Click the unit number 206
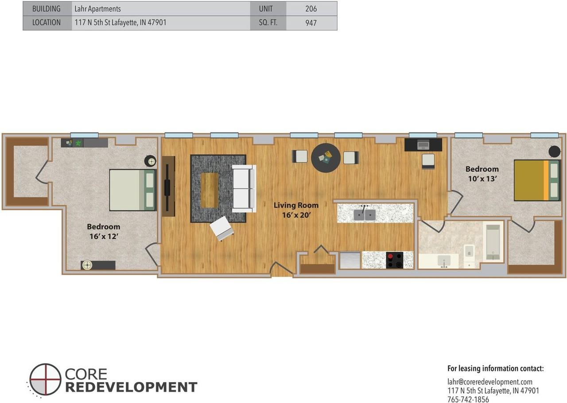311,9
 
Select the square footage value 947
311,23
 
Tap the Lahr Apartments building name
97,9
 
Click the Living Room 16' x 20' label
296,210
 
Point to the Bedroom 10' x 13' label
482,174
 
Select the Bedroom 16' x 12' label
104,231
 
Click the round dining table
326,158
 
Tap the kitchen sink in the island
365,214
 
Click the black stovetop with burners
394,260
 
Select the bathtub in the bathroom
493,242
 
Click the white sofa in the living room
244,188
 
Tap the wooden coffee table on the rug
209,190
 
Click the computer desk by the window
423,145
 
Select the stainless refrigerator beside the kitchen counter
350,260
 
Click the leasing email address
490,381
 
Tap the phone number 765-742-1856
468,399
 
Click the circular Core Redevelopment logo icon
45,379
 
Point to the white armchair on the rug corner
221,228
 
